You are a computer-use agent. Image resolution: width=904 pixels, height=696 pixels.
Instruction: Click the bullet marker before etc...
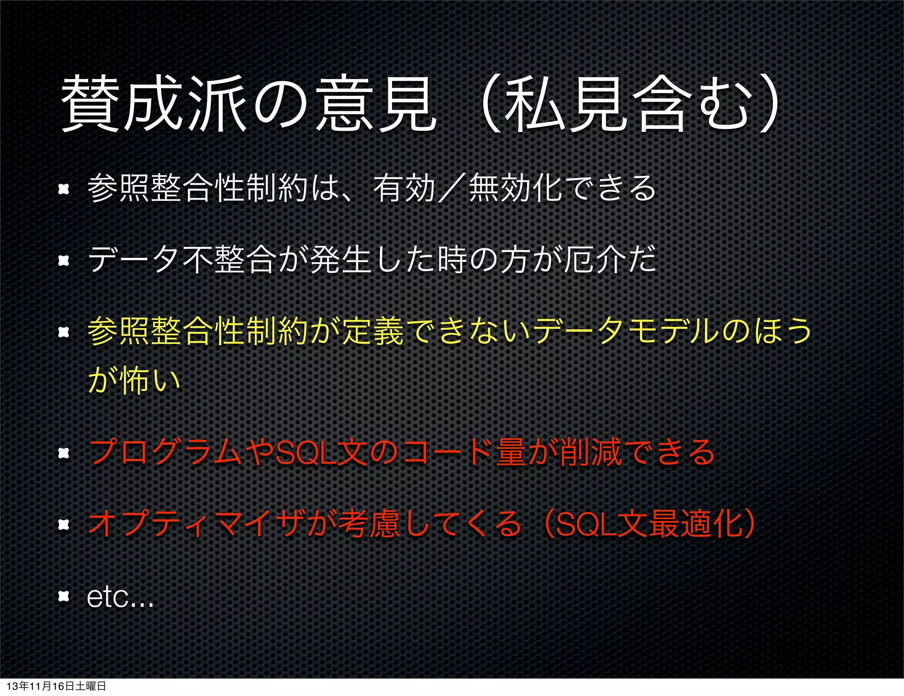tap(64, 597)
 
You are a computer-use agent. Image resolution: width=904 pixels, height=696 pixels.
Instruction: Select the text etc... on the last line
tap(120, 597)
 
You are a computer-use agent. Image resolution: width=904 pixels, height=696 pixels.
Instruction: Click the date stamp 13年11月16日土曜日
tap(56, 686)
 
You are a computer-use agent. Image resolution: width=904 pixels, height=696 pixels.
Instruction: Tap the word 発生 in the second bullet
tap(340, 259)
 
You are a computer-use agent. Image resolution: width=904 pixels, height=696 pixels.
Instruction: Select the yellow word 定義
tap(373, 331)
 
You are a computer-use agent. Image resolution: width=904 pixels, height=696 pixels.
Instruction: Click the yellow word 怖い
tap(150, 380)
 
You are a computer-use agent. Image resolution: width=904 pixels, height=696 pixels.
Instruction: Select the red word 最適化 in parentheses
tap(696, 524)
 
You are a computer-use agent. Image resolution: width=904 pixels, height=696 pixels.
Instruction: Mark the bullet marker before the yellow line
tap(64, 332)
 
